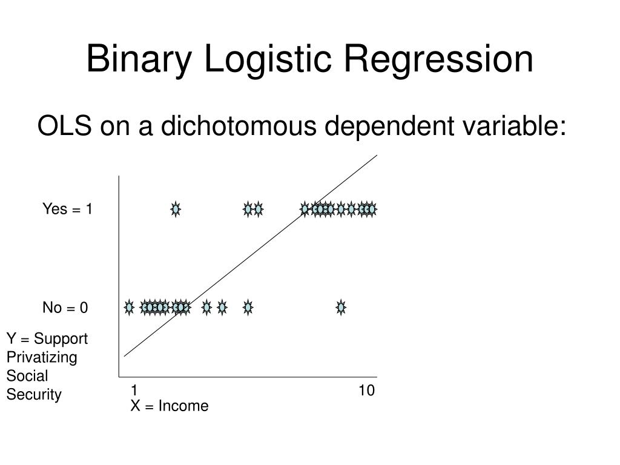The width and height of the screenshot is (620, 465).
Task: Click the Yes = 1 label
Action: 67,209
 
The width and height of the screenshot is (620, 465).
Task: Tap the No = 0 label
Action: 65,308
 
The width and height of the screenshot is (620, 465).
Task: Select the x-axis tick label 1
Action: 134,391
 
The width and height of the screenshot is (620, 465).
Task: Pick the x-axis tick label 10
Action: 366,391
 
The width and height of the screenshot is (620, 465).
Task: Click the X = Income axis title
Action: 170,406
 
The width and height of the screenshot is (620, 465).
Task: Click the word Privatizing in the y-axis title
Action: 42,357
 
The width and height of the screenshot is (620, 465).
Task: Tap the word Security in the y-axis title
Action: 34,395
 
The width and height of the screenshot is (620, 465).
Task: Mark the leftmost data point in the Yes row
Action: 176,209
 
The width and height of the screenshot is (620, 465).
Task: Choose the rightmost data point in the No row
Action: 341,308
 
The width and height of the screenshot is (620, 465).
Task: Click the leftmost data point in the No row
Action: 129,308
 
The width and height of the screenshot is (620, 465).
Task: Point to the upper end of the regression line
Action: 376,156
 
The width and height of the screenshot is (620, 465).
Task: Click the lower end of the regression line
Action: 125,356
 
